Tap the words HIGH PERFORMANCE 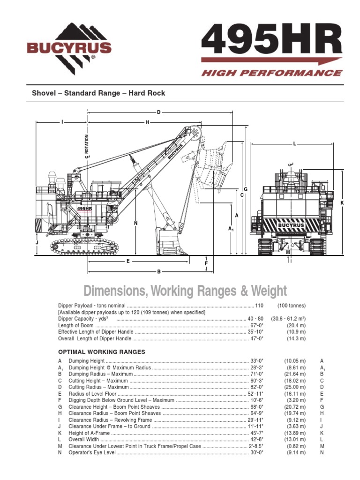coord(271,73)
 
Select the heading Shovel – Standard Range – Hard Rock coord(98,93)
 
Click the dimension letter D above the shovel coord(158,112)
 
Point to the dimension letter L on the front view coord(294,143)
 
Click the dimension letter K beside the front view coord(342,202)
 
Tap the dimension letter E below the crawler coord(127,261)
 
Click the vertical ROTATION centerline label coord(87,146)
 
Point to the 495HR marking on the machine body coord(84,209)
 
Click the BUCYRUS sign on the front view coord(291,225)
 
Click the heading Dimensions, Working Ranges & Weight coord(185,291)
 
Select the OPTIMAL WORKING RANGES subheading coord(101,352)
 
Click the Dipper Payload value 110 coord(259,306)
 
